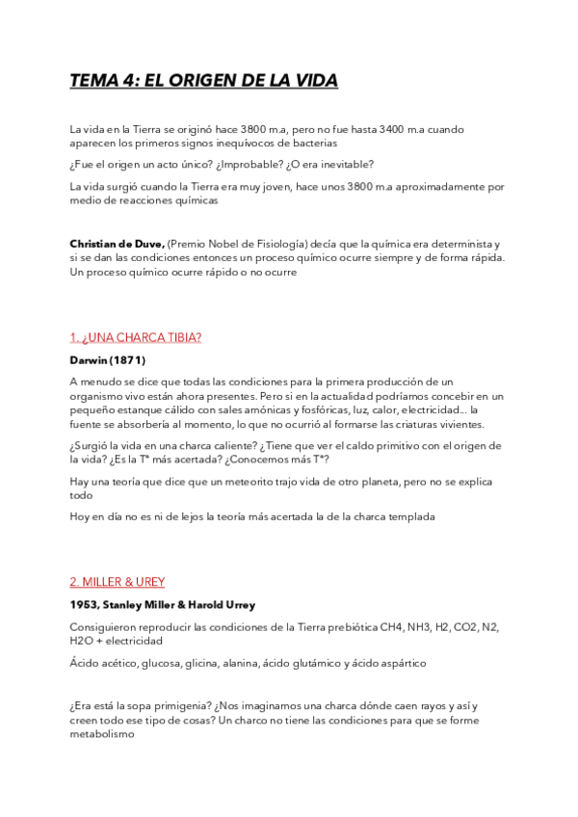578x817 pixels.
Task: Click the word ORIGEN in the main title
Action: click(x=193, y=81)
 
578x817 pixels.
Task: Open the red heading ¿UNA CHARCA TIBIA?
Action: click(x=135, y=337)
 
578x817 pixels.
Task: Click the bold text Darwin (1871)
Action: click(x=107, y=359)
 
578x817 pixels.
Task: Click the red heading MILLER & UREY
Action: click(x=117, y=582)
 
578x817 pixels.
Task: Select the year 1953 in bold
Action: click(x=84, y=604)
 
